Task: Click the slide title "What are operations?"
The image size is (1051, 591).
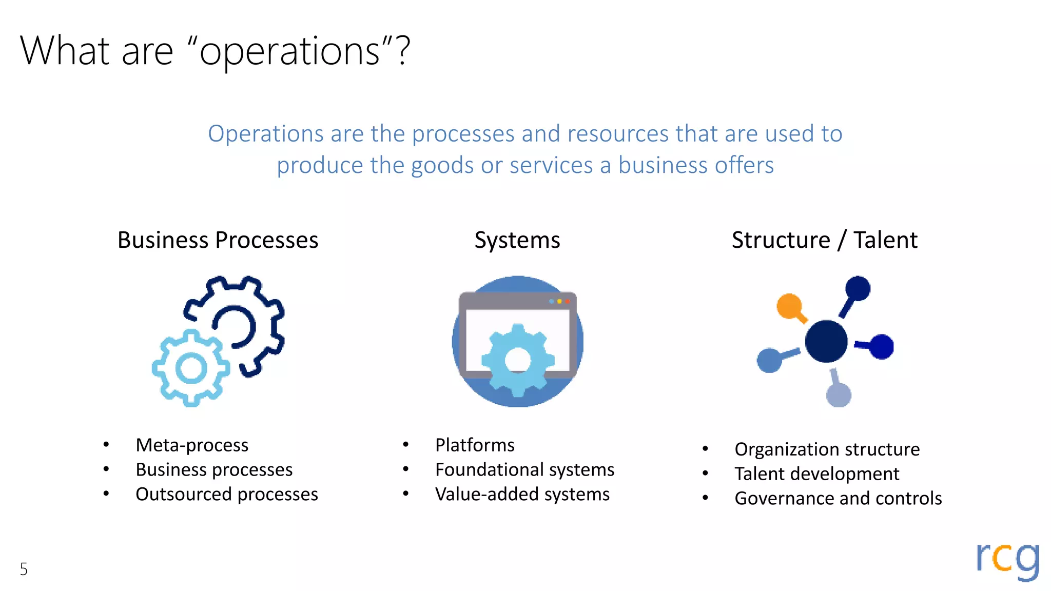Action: click(x=216, y=51)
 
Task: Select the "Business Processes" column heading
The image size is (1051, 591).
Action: click(x=218, y=240)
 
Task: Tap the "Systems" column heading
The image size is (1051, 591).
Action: click(x=517, y=240)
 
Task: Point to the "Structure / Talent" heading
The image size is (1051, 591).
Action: click(x=824, y=240)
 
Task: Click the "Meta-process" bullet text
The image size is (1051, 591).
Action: click(x=192, y=445)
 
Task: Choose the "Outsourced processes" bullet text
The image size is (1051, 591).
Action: click(x=227, y=494)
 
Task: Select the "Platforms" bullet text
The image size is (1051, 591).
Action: click(x=475, y=445)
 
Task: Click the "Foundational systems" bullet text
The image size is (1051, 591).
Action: click(x=524, y=469)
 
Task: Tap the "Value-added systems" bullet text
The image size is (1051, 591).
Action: click(x=522, y=494)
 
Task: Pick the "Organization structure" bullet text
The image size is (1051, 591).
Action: click(x=827, y=449)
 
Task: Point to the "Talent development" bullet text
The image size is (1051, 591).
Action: click(x=817, y=474)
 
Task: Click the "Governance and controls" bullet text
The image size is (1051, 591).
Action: click(x=838, y=498)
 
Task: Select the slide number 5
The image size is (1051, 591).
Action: click(x=24, y=569)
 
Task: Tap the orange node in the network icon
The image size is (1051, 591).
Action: click(x=789, y=306)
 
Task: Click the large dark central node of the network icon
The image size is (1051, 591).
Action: click(x=826, y=341)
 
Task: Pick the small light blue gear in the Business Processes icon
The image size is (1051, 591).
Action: click(x=191, y=368)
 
